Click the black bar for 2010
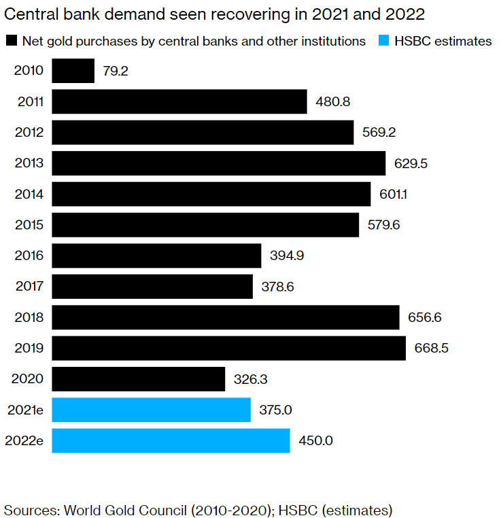click(73, 71)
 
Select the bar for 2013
click(218, 163)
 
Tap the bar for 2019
click(228, 348)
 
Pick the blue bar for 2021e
click(151, 410)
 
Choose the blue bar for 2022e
click(171, 440)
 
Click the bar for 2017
click(152, 287)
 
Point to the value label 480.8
click(332, 102)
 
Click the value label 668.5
click(432, 349)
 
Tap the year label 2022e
click(26, 440)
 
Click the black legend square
click(10, 41)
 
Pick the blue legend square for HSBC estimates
click(383, 41)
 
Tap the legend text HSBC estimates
click(443, 41)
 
